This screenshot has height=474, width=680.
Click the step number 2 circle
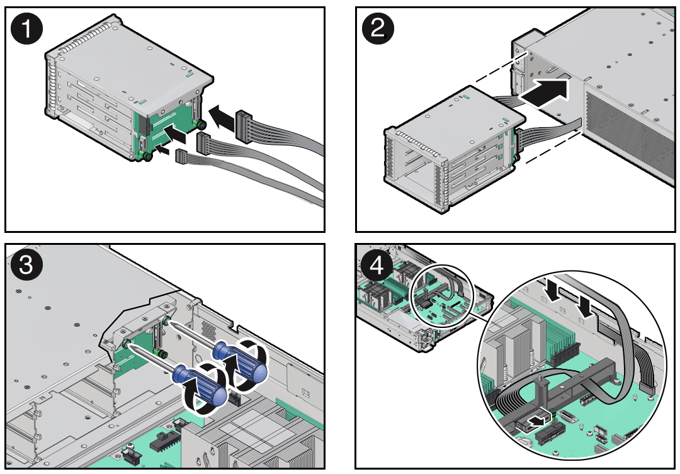coord(377,30)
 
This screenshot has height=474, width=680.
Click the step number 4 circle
coord(377,266)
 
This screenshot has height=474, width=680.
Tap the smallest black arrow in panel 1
coord(162,150)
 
